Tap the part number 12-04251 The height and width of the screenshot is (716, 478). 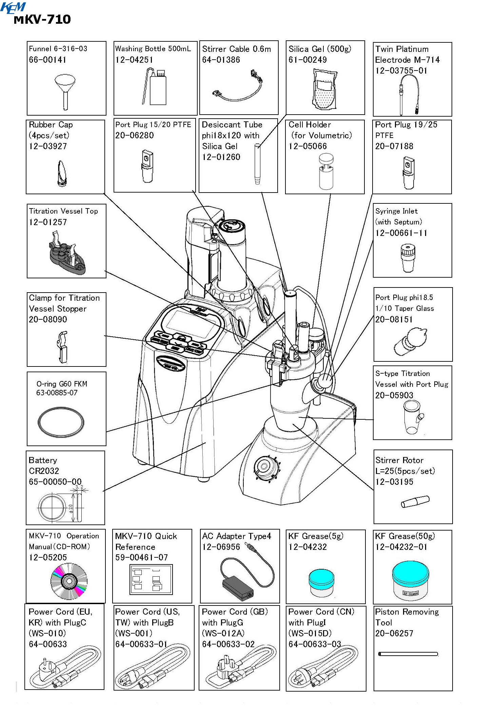[134, 60]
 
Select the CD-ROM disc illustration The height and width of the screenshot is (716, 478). [69, 581]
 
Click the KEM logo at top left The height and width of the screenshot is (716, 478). [13, 7]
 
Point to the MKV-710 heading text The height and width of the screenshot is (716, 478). [42, 19]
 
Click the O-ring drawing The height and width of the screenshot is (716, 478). [61, 422]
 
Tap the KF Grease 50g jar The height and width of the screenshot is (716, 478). [410, 580]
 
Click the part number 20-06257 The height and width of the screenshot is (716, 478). [394, 633]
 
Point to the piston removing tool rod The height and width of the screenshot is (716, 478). [408, 654]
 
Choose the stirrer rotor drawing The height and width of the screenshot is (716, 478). [415, 501]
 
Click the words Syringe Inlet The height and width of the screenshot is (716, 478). [396, 211]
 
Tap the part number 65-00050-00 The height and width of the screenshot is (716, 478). [55, 481]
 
